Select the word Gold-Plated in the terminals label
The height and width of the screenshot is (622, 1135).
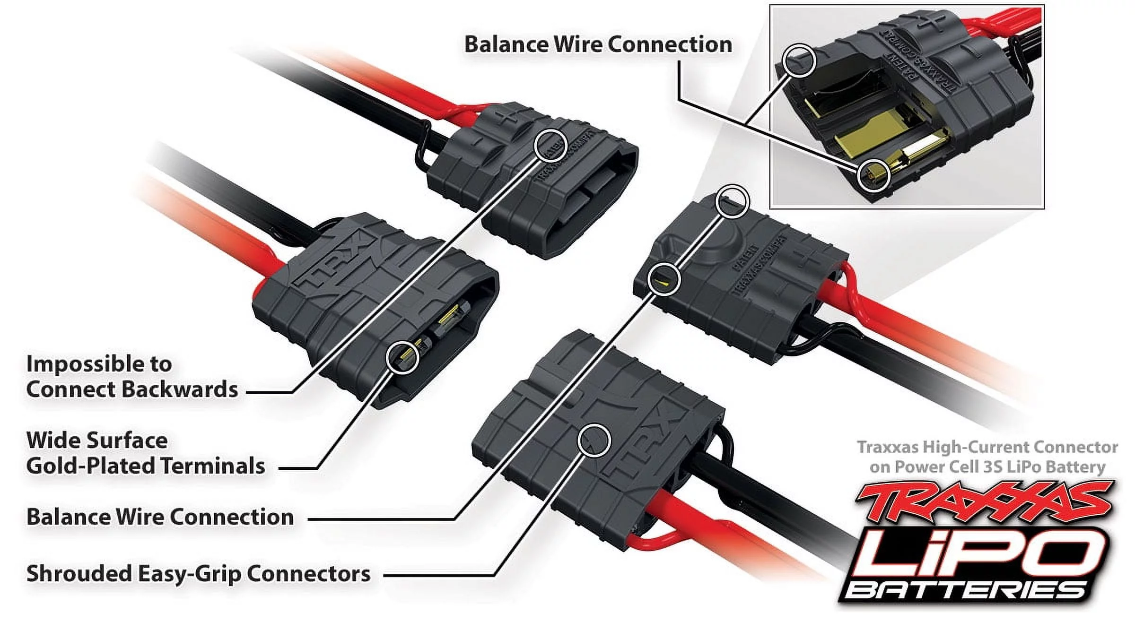click(x=92, y=466)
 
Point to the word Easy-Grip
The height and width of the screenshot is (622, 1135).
click(x=190, y=574)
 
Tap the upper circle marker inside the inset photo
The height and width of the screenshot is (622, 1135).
click(x=800, y=60)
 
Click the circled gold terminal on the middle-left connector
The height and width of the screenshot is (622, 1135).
click(x=402, y=358)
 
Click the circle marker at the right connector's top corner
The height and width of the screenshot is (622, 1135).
click(x=733, y=201)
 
